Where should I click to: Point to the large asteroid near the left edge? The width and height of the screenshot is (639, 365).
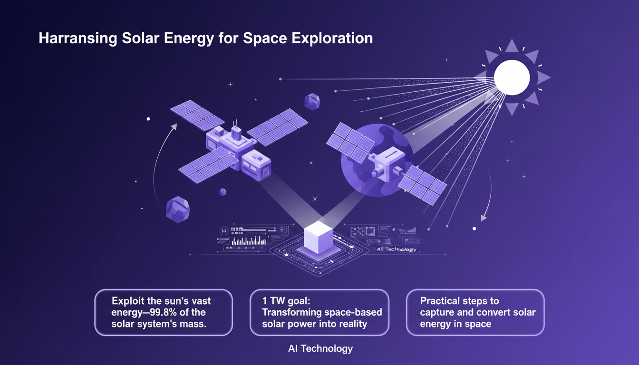pos(178,210)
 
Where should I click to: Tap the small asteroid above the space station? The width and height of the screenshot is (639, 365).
pos(312,101)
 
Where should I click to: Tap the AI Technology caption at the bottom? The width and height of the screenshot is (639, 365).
pos(320,349)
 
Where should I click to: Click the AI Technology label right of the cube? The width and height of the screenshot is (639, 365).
pos(396,250)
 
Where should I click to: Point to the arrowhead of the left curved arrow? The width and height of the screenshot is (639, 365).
pos(175,126)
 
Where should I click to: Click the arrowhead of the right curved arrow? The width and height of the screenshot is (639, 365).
pos(483,219)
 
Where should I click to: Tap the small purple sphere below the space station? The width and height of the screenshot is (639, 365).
pos(223,192)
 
